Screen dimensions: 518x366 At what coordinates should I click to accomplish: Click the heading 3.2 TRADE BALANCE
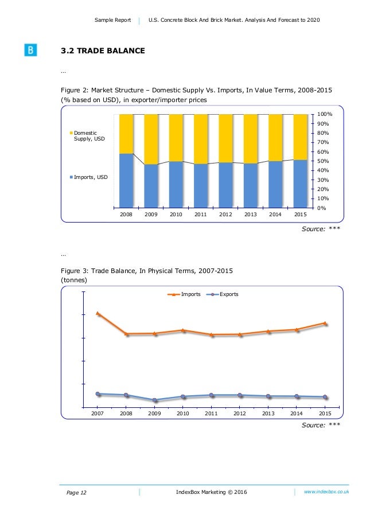click(103, 51)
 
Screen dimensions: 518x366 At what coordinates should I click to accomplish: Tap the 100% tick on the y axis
click(325, 115)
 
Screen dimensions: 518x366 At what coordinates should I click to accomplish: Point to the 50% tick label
click(324, 161)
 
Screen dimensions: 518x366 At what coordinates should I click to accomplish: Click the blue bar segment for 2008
click(126, 180)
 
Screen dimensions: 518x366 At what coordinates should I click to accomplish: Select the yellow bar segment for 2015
click(300, 137)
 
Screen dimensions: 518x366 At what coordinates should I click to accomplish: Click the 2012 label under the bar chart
click(225, 214)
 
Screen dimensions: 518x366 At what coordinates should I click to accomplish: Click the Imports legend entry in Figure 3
click(187, 294)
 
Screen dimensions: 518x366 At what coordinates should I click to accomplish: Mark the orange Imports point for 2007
click(98, 313)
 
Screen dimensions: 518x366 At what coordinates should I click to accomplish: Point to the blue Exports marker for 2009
click(154, 400)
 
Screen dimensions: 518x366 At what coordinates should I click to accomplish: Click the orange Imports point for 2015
click(325, 323)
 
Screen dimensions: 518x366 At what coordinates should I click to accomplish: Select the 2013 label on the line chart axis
click(268, 413)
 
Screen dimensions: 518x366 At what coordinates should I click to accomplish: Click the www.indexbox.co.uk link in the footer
click(326, 492)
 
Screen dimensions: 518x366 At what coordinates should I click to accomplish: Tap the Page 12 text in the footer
click(74, 493)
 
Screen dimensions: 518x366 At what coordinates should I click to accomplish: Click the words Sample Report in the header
click(112, 21)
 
